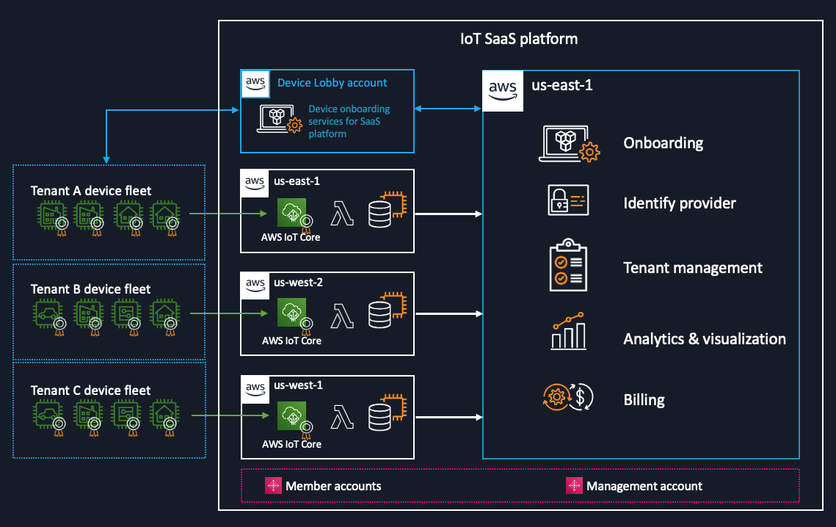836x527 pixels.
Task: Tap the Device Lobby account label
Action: tap(332, 83)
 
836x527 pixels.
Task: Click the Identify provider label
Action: tap(679, 203)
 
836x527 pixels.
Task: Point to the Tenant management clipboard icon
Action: tap(567, 265)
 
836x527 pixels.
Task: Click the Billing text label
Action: tap(644, 400)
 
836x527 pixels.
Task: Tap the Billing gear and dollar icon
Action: tap(567, 397)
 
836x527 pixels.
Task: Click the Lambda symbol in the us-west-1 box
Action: tap(342, 416)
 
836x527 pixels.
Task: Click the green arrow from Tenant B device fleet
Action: tap(228, 314)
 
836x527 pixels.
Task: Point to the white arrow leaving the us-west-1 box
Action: tap(448, 418)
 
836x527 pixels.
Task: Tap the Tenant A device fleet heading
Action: tap(91, 191)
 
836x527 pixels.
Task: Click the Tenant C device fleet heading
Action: tap(91, 390)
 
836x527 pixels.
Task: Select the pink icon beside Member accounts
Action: tap(273, 486)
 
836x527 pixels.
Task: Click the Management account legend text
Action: tap(644, 486)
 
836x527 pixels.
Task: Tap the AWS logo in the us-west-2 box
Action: tap(255, 284)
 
